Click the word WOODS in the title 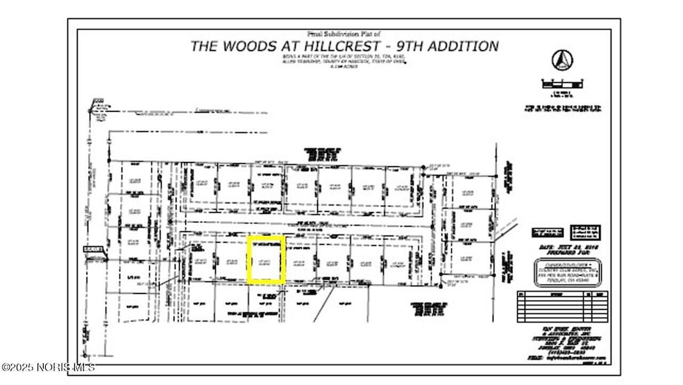(x=255, y=47)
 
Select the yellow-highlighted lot (x=267, y=260)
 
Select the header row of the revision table (x=559, y=294)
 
